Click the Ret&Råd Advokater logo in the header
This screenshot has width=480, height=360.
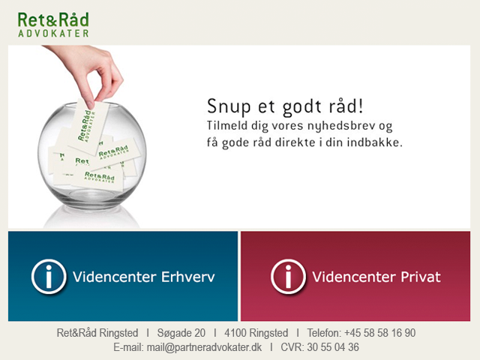(53, 25)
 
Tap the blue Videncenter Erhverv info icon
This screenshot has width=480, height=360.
(49, 277)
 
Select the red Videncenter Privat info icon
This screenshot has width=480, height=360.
(288, 277)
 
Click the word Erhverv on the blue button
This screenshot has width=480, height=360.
(188, 277)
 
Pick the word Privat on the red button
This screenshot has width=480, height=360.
(421, 277)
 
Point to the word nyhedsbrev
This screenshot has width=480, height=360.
(341, 126)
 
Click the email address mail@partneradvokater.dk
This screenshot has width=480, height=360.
(204, 347)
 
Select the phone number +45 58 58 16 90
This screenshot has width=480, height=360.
(380, 333)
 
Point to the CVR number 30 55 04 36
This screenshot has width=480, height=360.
(333, 347)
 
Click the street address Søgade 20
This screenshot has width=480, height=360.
(181, 333)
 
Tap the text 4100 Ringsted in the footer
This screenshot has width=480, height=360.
(256, 333)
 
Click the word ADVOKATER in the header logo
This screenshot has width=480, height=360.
(53, 33)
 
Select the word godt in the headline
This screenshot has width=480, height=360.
(302, 107)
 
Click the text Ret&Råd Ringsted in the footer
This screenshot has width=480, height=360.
(97, 333)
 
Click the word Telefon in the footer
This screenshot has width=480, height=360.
(324, 333)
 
